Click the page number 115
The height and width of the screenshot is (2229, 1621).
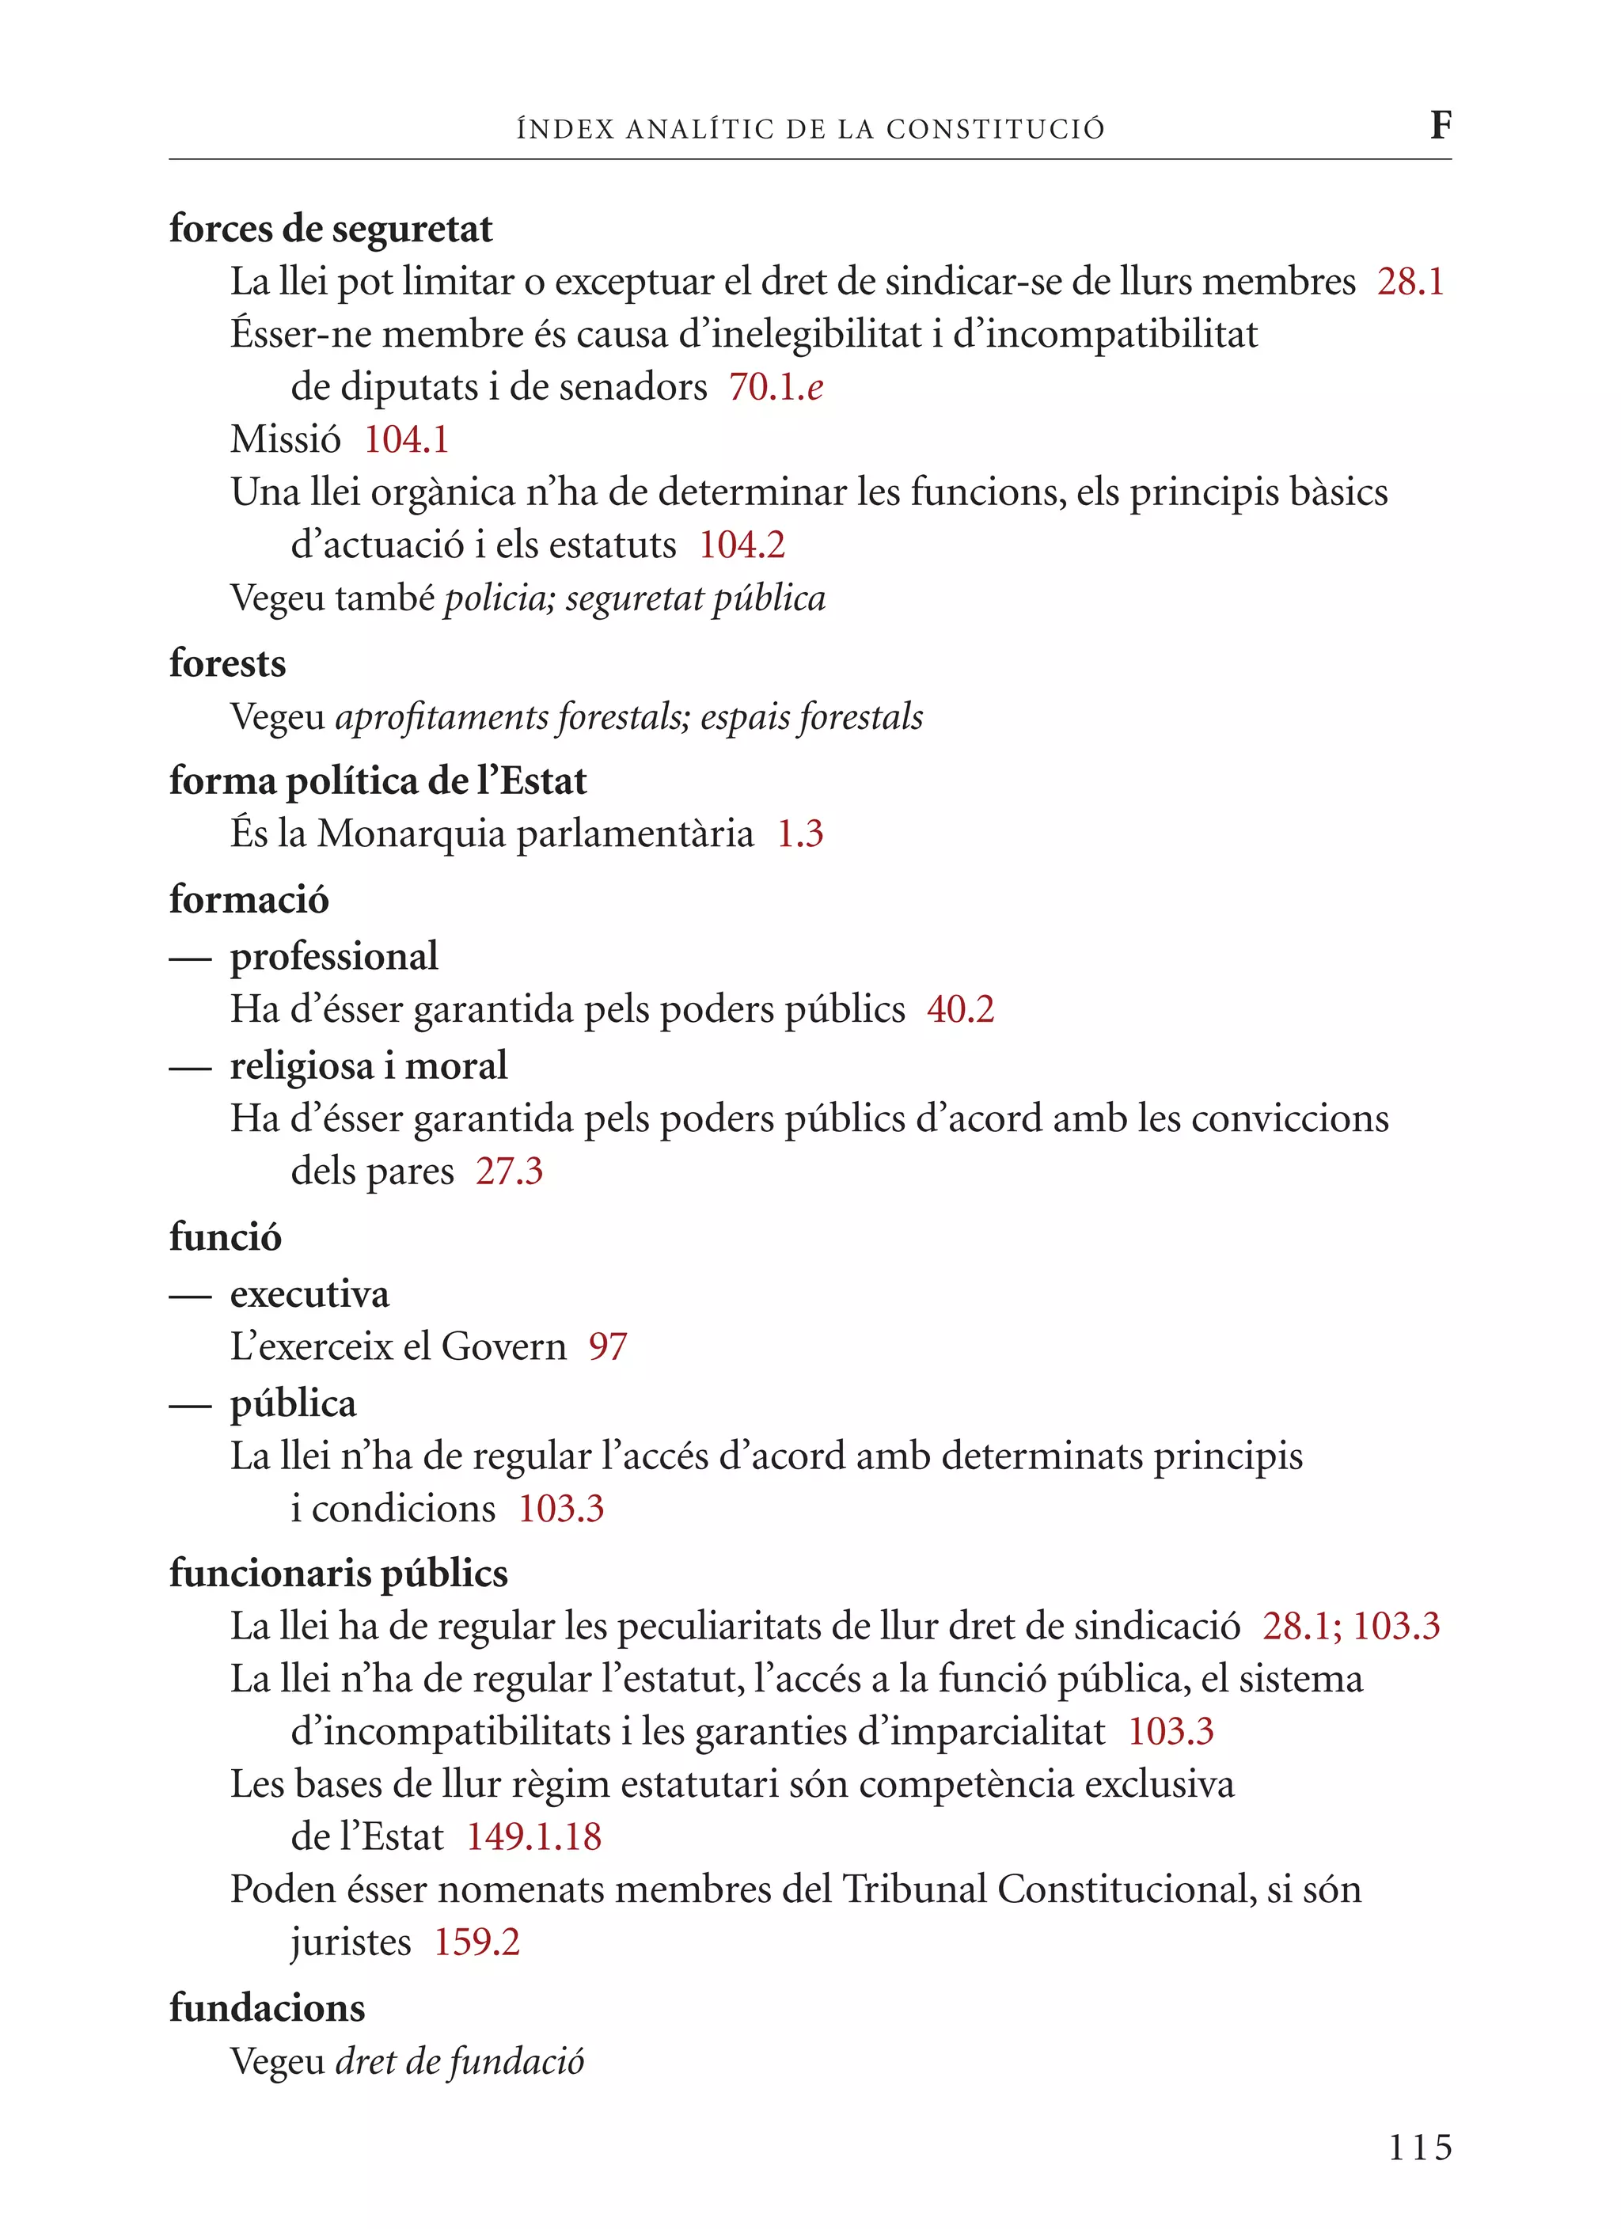[x=1419, y=2147]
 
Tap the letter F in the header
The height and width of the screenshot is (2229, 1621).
[x=1440, y=125]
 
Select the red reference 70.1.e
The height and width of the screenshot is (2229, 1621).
[x=776, y=387]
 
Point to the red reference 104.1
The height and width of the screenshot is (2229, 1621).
[x=406, y=439]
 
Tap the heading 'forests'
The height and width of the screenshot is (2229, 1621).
[x=227, y=663]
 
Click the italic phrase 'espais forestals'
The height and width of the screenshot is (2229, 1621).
[x=811, y=716]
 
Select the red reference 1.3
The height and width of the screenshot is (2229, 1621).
[x=799, y=834]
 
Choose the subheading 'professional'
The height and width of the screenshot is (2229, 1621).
[x=334, y=956]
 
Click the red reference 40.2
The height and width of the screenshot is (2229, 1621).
[x=960, y=1009]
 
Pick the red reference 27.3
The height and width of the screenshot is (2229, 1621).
[x=509, y=1171]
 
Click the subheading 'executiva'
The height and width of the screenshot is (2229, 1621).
[x=309, y=1294]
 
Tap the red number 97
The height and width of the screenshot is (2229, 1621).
[x=608, y=1346]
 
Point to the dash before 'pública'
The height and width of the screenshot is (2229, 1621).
[x=190, y=1407]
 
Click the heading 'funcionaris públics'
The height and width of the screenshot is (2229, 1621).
[x=338, y=1574]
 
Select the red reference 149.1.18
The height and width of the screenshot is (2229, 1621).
[x=533, y=1837]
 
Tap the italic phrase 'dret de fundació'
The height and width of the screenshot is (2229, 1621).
[x=460, y=2061]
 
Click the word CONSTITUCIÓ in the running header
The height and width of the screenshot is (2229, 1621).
[x=995, y=129]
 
